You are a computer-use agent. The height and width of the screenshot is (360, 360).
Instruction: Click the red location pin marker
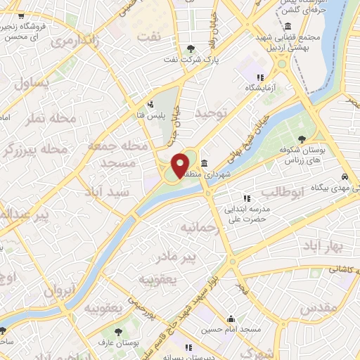click(181, 164)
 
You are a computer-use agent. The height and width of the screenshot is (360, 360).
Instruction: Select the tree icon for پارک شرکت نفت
click(191, 48)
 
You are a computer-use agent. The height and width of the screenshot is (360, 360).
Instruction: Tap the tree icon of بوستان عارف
click(117, 332)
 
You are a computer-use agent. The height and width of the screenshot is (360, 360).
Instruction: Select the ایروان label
click(60, 288)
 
